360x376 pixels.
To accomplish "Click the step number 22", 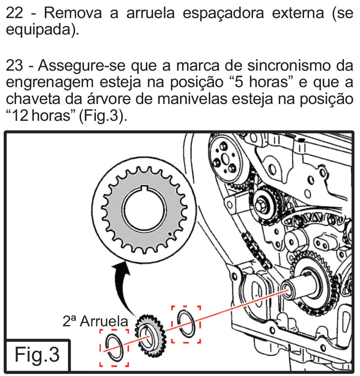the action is [14, 13].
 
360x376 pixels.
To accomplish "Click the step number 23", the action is [15, 65].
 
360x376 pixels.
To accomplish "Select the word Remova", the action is [73, 13].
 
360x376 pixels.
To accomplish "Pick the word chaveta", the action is [33, 99].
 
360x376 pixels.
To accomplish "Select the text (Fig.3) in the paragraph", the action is [103, 116].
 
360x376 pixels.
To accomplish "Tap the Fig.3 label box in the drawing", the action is [37, 355].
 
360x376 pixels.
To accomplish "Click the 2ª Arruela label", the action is [95, 321].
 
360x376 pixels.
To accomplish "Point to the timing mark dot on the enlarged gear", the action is [170, 233].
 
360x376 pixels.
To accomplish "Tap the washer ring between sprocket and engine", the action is [186, 324].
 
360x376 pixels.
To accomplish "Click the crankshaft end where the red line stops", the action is [288, 290].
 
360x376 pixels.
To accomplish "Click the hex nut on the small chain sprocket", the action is [260, 205].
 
